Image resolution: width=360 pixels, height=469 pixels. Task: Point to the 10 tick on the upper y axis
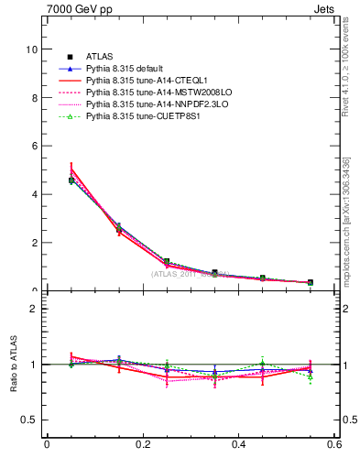pyautogui.click(x=32, y=49)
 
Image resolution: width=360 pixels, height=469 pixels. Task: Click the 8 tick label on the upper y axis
pyautogui.click(x=35, y=98)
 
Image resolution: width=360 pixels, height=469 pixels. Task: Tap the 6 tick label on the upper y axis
pyautogui.click(x=35, y=146)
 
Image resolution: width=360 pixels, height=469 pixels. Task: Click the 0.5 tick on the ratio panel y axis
pyautogui.click(x=30, y=420)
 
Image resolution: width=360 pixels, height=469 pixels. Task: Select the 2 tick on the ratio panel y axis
pyautogui.click(x=35, y=309)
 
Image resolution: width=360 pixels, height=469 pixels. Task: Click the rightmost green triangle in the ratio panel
pyautogui.click(x=311, y=376)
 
